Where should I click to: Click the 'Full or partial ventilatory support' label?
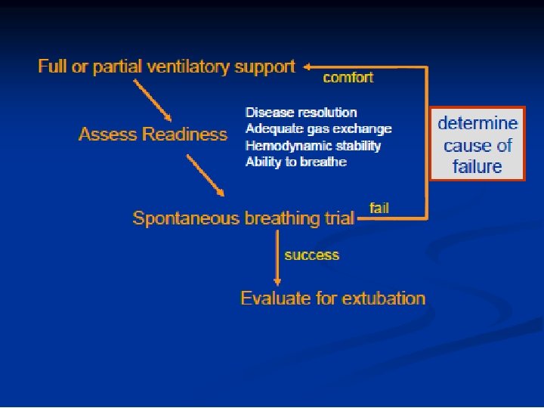tap(166, 66)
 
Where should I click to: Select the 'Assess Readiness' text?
tap(153, 134)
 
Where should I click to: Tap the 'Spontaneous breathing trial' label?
tap(243, 218)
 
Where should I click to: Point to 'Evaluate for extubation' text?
tap(332, 298)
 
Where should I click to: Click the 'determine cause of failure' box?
tap(478, 144)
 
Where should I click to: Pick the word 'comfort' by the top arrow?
tap(348, 77)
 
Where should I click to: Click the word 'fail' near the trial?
tap(379, 208)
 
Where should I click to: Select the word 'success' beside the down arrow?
tap(311, 255)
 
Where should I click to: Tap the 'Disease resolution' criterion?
tap(301, 113)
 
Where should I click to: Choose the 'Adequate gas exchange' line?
tap(319, 129)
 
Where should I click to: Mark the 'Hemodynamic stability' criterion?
tap(313, 146)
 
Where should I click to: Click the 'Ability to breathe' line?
tap(296, 162)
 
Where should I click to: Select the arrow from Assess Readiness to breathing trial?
tap(206, 175)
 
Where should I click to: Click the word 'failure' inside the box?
tap(478, 166)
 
